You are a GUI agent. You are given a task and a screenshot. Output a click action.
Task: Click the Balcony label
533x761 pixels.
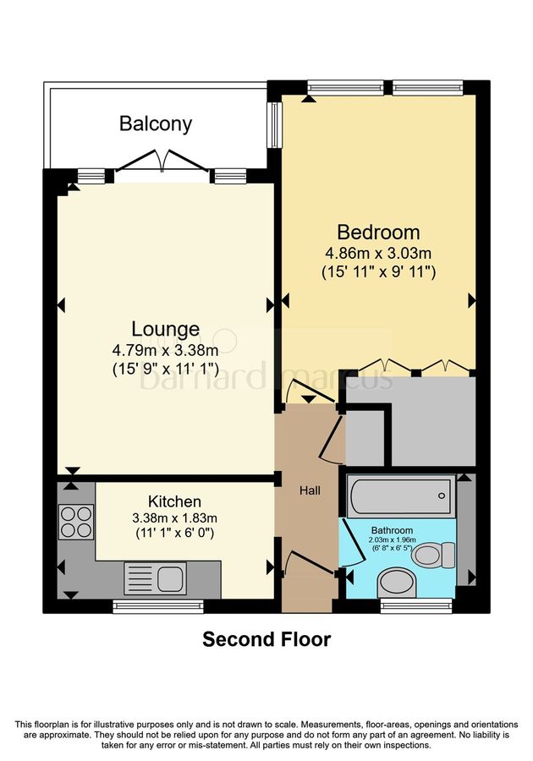click(x=156, y=124)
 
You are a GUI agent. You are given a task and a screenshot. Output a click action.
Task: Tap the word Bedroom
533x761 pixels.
click(x=378, y=232)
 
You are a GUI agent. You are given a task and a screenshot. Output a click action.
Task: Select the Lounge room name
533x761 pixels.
click(x=165, y=329)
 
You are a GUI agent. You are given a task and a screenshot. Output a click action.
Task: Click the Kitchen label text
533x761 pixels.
click(x=174, y=501)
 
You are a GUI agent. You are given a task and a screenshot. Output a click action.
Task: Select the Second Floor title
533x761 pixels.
click(x=266, y=639)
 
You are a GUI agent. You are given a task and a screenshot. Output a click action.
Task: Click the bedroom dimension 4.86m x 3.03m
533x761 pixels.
click(x=378, y=253)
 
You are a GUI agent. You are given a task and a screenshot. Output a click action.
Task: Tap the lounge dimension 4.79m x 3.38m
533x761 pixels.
click(x=165, y=349)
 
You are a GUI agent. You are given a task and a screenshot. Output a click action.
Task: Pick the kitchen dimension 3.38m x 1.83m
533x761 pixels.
click(x=174, y=517)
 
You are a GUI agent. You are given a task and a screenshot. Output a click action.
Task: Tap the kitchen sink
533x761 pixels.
click(x=156, y=578)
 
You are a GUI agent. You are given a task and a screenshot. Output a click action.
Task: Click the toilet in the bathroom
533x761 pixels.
click(x=431, y=555)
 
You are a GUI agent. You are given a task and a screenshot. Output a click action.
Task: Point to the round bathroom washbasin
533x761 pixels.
click(x=393, y=582)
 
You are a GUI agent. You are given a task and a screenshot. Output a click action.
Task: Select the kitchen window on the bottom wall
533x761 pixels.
click(x=158, y=605)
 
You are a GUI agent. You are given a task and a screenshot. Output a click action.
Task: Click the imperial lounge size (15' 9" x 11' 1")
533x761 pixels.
click(x=165, y=369)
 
